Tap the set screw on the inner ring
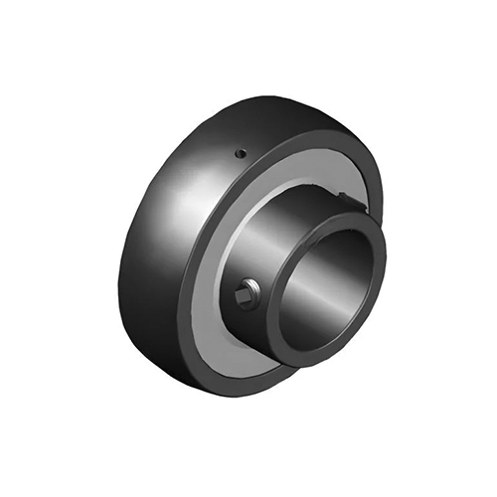[247, 294]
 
